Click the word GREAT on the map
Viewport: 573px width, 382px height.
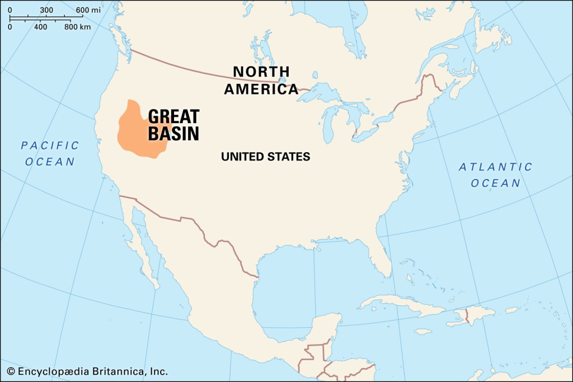pos(173,116)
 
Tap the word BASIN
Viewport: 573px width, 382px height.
pos(173,134)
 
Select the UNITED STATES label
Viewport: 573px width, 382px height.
pos(265,157)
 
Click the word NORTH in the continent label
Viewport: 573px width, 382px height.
pos(261,72)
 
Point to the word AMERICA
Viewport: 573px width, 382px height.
pos(261,89)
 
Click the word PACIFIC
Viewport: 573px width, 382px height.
pos(50,145)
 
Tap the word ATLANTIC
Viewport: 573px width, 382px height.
pos(496,167)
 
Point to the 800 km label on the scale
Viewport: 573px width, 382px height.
pos(78,27)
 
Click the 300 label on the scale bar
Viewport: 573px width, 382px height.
pos(47,10)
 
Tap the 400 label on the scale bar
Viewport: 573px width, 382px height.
pos(41,27)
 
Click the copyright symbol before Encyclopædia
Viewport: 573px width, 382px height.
pos(11,371)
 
